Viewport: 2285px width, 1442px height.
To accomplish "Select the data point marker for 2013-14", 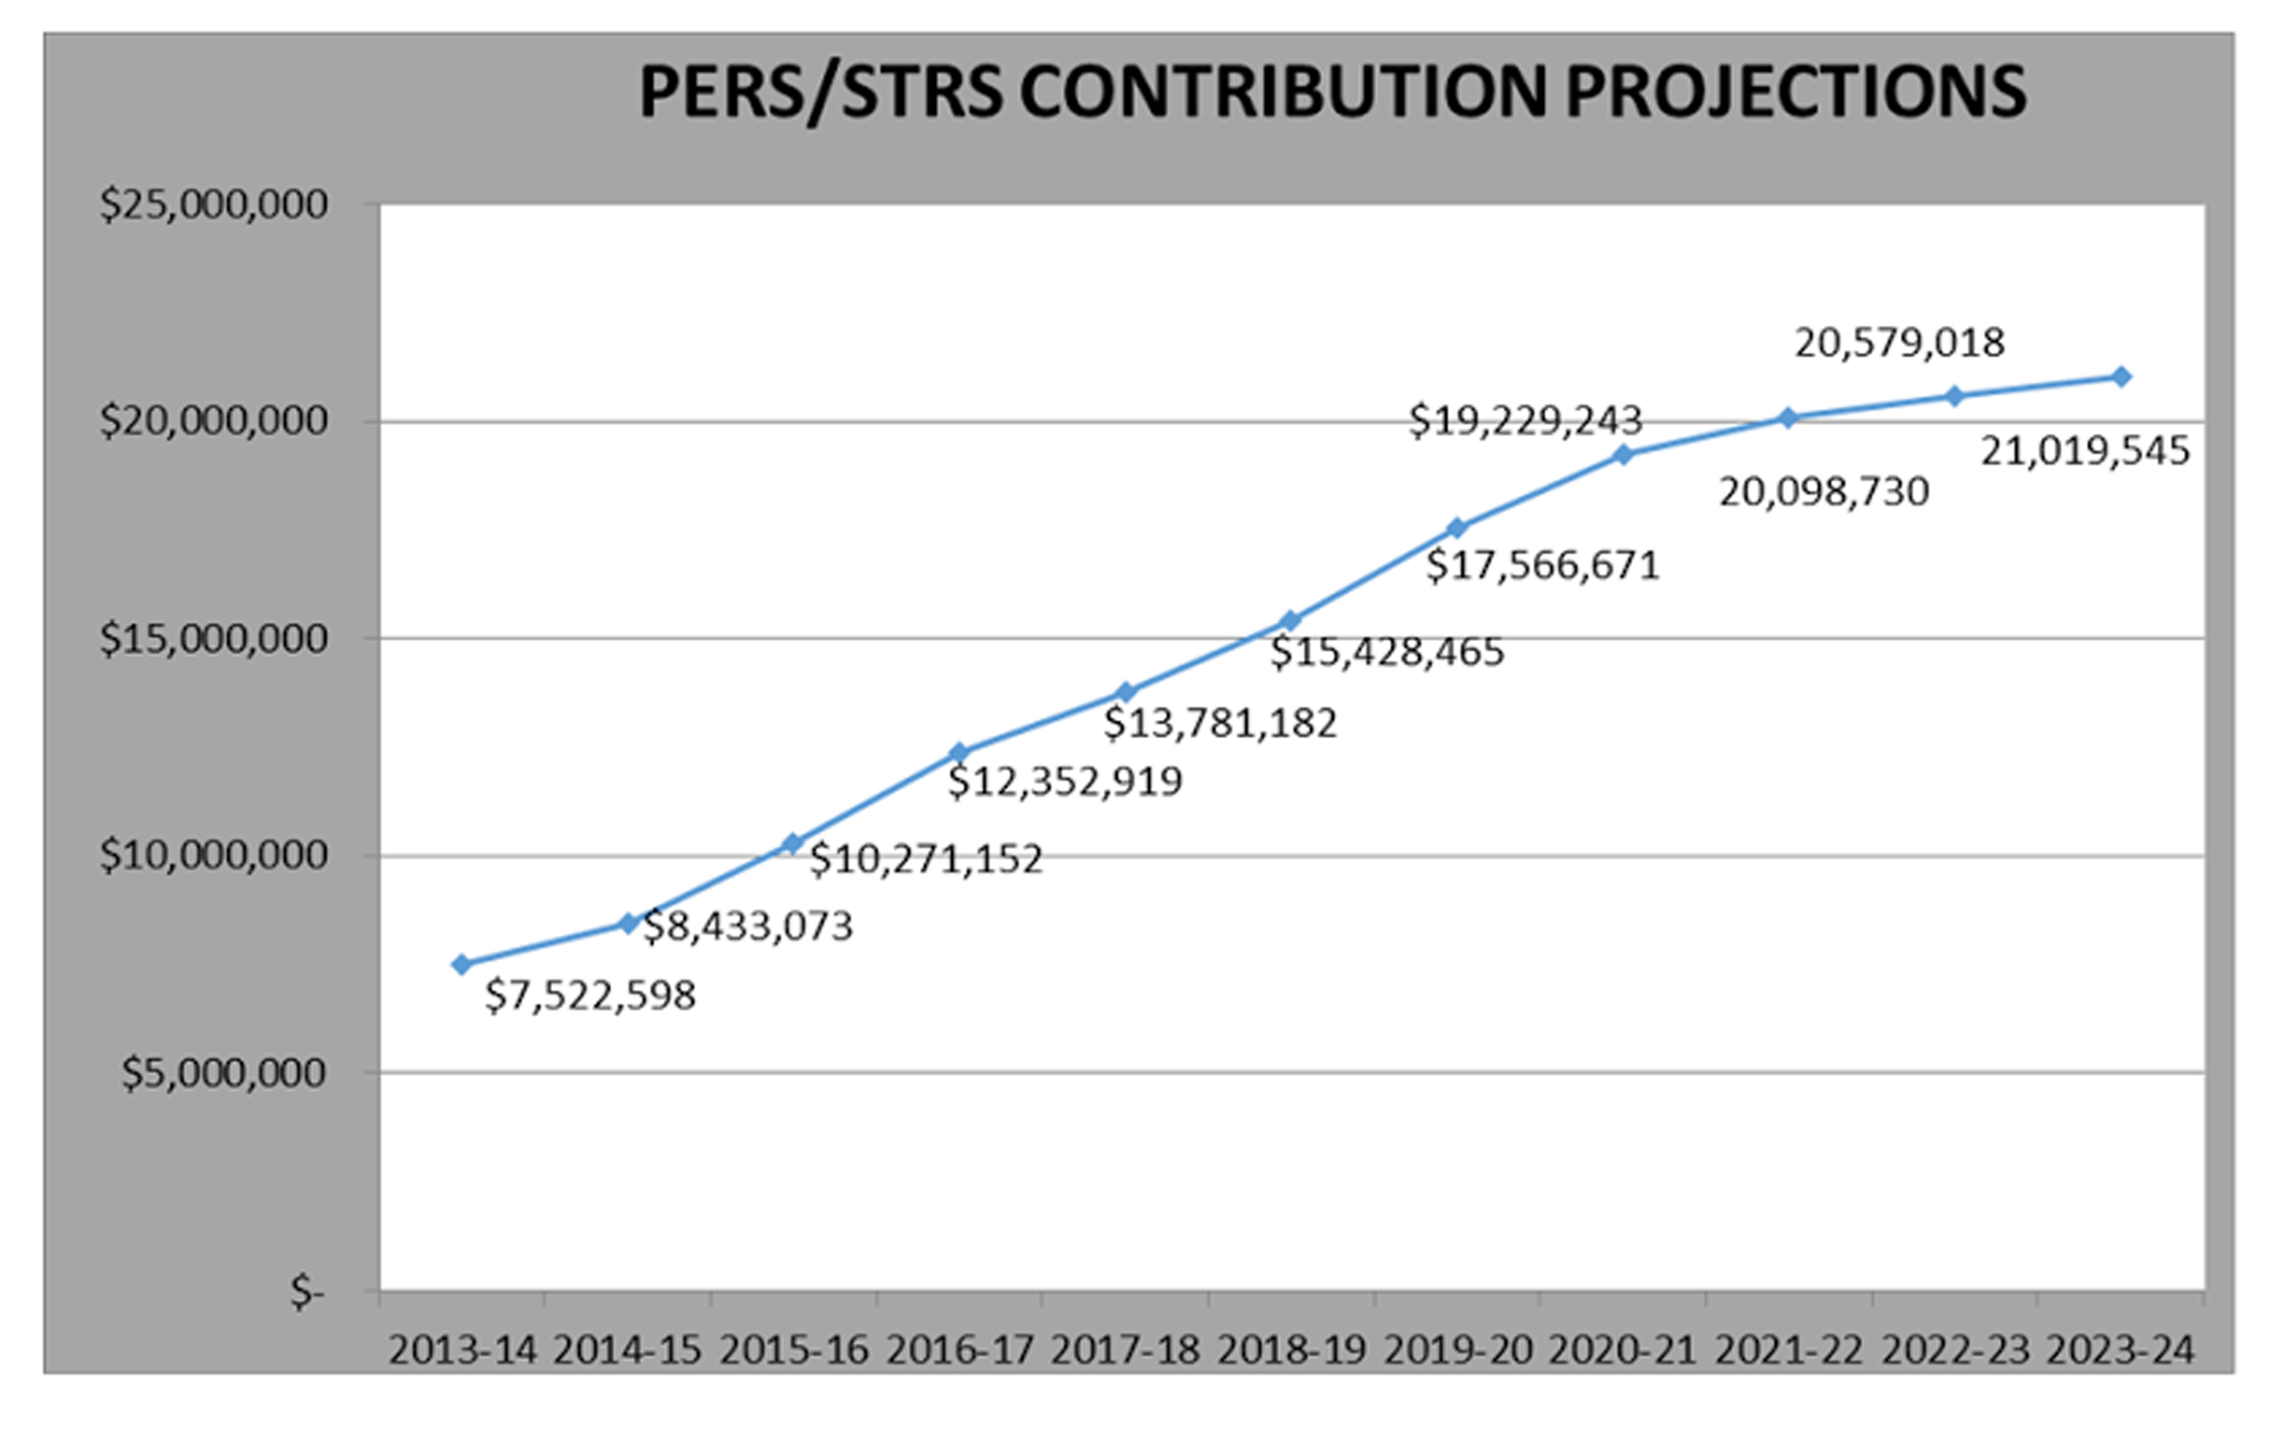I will coord(462,965).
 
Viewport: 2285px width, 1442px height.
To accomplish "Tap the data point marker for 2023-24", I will coord(2122,377).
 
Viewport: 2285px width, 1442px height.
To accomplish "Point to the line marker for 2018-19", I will coord(1291,622).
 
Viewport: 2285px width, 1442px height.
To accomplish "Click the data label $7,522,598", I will coord(591,996).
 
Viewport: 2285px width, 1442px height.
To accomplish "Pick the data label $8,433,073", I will coord(748,927).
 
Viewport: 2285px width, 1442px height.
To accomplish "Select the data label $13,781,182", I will coord(1221,724).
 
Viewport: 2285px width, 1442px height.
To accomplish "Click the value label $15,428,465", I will coord(1387,653).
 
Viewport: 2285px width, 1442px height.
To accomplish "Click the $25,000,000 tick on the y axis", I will coord(213,205).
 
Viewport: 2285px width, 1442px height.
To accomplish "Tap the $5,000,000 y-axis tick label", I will coord(224,1073).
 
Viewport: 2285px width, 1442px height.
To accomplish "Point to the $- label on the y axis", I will coord(307,1292).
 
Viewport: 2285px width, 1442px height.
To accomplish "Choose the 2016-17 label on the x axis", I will coord(959,1351).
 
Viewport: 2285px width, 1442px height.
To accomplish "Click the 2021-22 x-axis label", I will coord(1788,1351).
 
